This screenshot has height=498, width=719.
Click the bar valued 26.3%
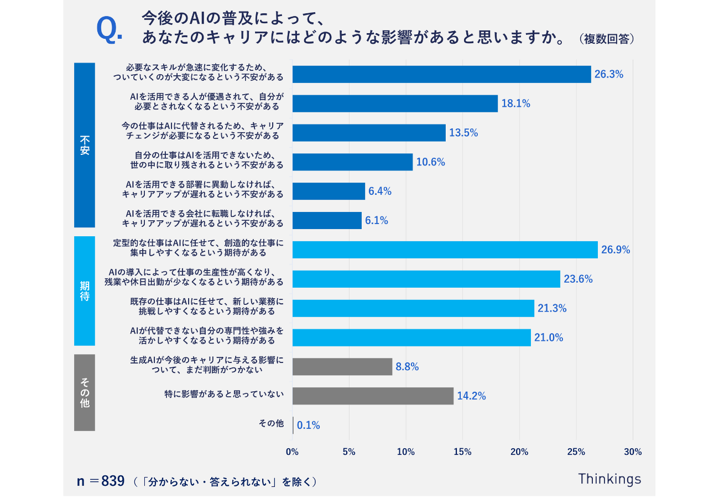[441, 74]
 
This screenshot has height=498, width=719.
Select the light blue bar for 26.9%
[445, 250]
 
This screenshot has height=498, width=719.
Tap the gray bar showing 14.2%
[373, 396]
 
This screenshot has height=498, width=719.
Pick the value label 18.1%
[515, 103]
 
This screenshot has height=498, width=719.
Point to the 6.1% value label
[377, 220]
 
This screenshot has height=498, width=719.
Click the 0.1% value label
[309, 426]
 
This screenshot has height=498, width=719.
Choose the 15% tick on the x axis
[462, 452]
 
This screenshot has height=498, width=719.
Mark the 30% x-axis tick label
[633, 452]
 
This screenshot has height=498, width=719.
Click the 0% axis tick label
[292, 452]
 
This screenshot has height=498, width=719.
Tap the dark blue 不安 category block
[85, 145]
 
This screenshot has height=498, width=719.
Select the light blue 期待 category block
[85, 290]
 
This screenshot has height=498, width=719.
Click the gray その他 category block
[85, 392]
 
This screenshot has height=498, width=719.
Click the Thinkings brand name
[609, 479]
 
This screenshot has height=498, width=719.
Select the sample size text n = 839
[101, 481]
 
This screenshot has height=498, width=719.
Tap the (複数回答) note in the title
[606, 39]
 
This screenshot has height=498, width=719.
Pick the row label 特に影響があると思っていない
[224, 394]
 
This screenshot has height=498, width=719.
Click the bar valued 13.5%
[369, 133]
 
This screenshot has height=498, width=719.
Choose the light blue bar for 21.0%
[411, 338]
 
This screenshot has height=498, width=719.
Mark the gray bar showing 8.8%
[342, 366]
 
